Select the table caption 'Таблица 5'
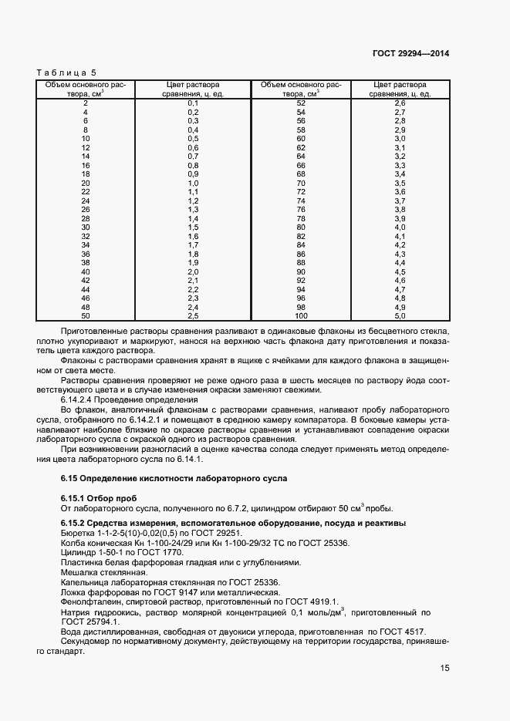(62, 72)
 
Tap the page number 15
(444, 669)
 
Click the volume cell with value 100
(301, 315)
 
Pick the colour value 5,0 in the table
(400, 315)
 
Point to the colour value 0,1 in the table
(193, 103)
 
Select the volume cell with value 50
(86, 315)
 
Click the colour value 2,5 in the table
(193, 315)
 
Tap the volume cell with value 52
(301, 103)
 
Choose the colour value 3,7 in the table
(400, 200)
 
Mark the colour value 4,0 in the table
(400, 227)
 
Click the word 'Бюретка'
(77, 533)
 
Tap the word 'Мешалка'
(79, 572)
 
